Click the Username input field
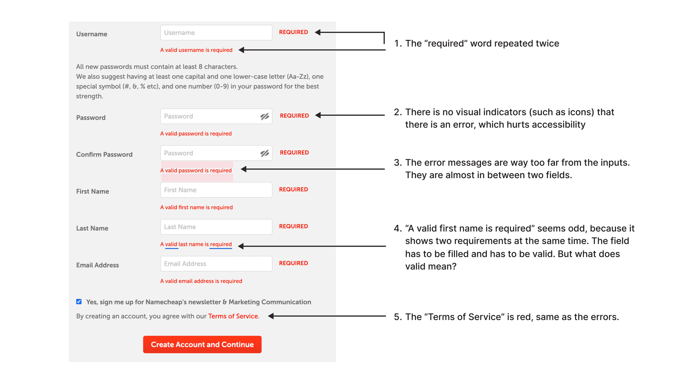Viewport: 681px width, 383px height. tap(216, 33)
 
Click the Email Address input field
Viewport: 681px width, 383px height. tap(216, 264)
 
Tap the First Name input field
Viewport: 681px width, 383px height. tap(216, 190)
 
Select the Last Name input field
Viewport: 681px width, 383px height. tap(216, 227)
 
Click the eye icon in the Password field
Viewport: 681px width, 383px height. tap(265, 117)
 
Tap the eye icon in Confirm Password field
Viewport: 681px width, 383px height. tap(265, 153)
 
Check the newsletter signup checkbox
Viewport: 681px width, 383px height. tap(79, 302)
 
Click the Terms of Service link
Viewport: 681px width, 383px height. tap(233, 317)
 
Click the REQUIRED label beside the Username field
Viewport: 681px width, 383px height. tap(294, 32)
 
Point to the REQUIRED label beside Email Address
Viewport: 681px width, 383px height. tap(294, 263)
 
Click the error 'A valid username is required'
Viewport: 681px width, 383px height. tap(196, 50)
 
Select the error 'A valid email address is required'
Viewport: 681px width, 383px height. tap(201, 281)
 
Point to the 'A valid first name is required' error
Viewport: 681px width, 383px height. tap(196, 207)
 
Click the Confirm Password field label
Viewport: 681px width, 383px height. tap(104, 155)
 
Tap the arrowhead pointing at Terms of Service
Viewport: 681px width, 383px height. tap(271, 316)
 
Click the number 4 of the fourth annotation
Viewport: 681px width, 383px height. tap(397, 229)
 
